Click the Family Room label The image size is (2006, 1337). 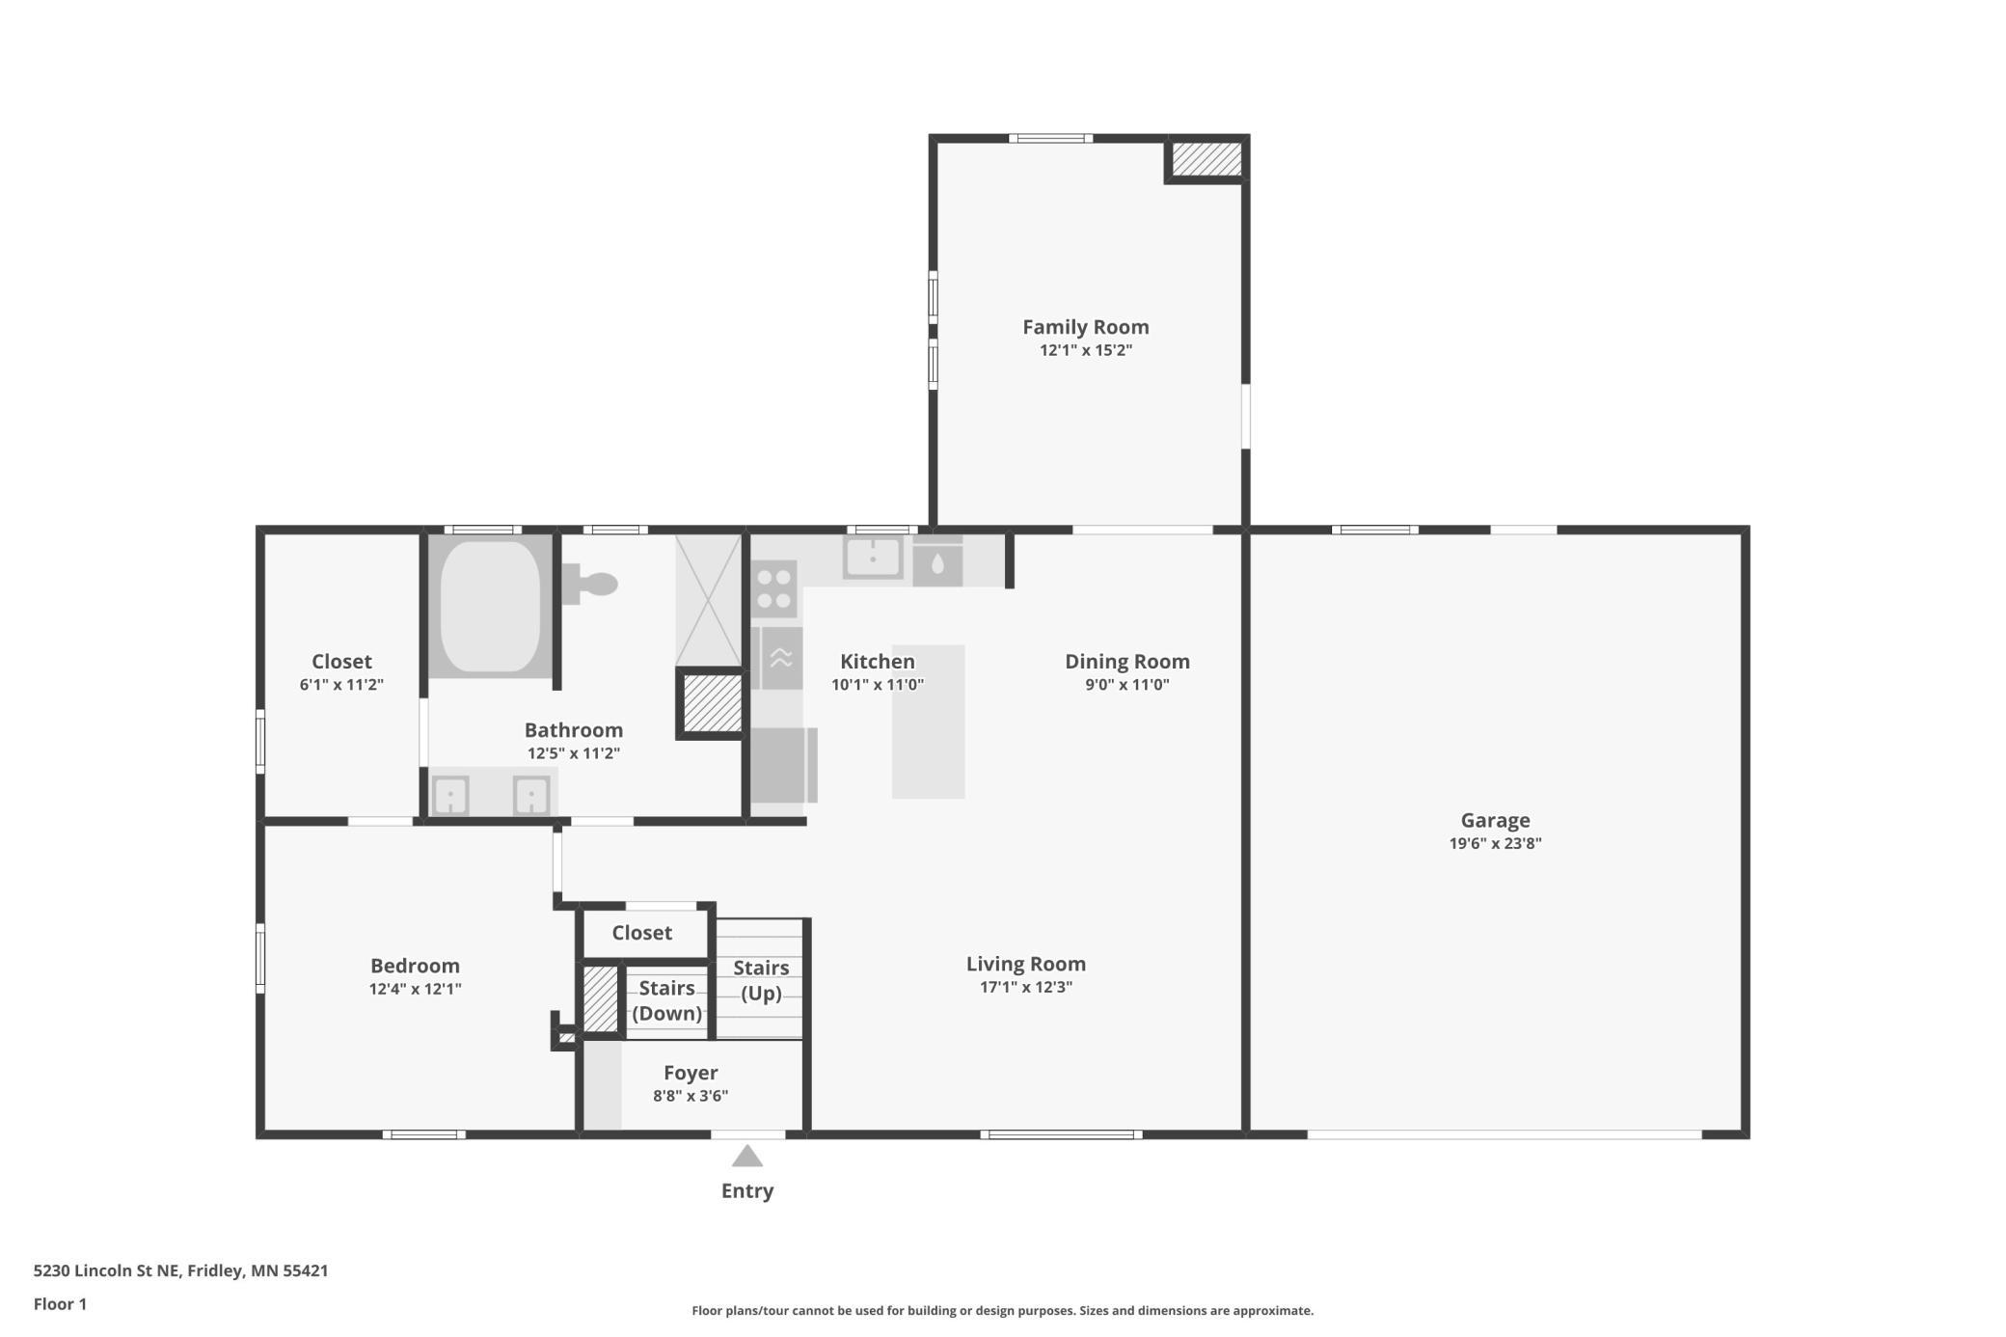point(1085,327)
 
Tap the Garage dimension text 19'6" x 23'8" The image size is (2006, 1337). point(1495,843)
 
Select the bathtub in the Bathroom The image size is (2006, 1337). point(490,606)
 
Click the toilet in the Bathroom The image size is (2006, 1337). point(589,585)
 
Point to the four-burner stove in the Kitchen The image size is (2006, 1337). point(774,588)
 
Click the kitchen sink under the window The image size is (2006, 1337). point(873,558)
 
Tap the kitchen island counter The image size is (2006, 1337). point(928,722)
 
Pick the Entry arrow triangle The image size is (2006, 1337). point(747,1156)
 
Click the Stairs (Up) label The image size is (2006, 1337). point(761,980)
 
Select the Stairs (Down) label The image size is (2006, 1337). point(666,1000)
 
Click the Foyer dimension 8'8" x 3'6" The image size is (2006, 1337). point(691,1096)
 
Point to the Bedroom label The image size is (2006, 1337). point(415,966)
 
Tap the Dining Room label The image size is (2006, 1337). point(1127,662)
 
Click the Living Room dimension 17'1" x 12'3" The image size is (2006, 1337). point(1026,987)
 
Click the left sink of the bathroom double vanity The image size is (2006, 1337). point(450,796)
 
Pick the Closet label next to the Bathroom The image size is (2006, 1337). point(341,662)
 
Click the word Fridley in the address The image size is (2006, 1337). point(215,1270)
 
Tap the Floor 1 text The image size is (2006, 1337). point(60,1304)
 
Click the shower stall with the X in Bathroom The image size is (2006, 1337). point(708,600)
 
